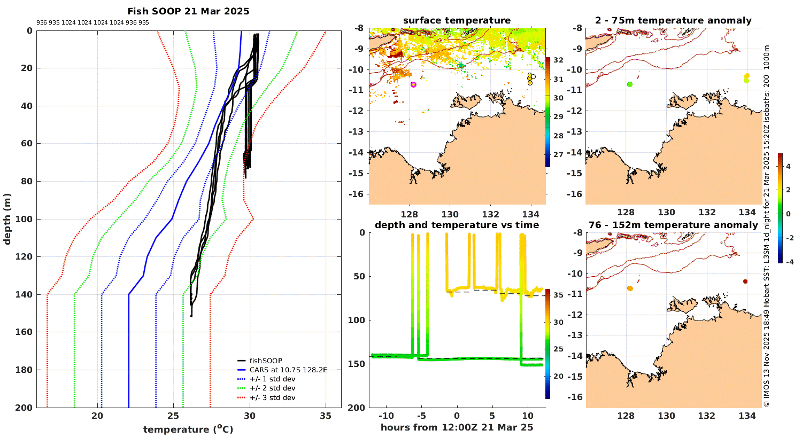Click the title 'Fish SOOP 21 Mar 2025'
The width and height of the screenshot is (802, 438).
(188, 11)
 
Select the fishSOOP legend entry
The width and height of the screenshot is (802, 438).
(266, 361)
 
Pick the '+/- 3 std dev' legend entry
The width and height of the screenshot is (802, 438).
(272, 397)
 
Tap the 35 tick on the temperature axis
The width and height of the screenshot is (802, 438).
(326, 416)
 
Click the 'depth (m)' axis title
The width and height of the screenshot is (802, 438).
(7, 218)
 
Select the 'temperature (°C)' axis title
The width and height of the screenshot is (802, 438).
(188, 429)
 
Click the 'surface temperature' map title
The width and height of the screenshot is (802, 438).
(457, 21)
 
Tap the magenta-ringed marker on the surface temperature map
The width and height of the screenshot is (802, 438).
(413, 84)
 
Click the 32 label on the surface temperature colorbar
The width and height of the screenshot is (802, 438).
(558, 60)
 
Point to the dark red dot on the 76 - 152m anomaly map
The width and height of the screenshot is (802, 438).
(745, 281)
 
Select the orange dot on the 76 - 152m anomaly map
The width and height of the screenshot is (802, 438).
(630, 288)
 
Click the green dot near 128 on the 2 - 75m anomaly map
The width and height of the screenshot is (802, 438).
(630, 84)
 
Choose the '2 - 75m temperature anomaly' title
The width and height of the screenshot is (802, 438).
(673, 21)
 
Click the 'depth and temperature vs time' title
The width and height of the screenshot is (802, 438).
(457, 225)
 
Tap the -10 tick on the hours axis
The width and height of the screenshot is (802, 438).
(386, 416)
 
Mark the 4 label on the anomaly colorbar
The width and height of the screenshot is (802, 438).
(788, 167)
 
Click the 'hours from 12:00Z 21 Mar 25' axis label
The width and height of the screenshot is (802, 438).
(457, 427)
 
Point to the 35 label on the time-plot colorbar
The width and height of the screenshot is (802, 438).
(558, 295)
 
